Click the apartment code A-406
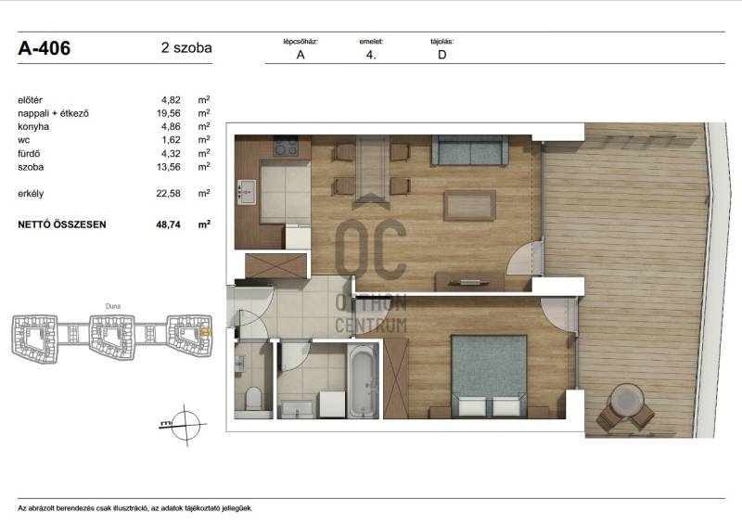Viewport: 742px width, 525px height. tap(44, 48)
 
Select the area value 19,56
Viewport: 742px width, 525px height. tap(169, 113)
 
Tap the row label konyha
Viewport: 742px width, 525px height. tap(33, 126)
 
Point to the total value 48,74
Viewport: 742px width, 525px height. tap(169, 224)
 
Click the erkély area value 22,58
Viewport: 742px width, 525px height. tap(169, 193)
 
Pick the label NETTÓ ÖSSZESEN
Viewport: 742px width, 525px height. tap(62, 224)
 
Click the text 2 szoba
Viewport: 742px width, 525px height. tap(186, 48)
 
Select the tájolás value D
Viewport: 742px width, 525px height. tap(442, 55)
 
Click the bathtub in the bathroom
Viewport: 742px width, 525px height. tap(363, 381)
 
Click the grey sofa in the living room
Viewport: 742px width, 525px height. tap(469, 150)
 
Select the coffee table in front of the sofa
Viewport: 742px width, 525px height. tap(469, 206)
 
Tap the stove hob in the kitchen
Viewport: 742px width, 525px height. tap(286, 147)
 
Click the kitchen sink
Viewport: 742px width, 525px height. tap(246, 192)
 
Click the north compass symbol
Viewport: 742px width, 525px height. tap(184, 425)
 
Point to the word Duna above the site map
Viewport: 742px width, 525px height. tap(113, 306)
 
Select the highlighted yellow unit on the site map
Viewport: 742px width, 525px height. tap(206, 333)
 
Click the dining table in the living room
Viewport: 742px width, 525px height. tap(373, 169)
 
